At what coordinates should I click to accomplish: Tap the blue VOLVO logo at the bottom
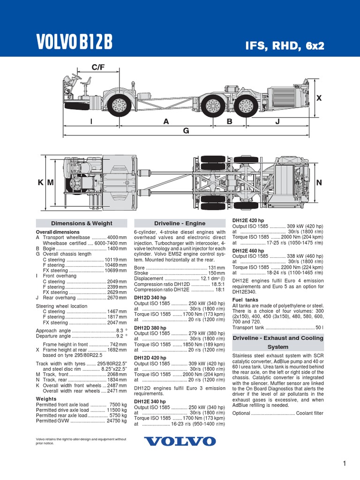click(x=180, y=441)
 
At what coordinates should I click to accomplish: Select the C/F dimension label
click(x=98, y=67)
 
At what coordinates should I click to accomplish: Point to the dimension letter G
click(x=186, y=131)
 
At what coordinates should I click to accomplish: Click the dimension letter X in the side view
click(x=319, y=98)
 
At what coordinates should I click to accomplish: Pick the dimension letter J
click(x=277, y=121)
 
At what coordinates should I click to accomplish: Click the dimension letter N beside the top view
click(x=319, y=183)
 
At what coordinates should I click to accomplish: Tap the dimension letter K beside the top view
click(x=41, y=183)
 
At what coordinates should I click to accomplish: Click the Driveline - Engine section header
click(x=180, y=224)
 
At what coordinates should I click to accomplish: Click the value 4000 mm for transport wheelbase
click(x=117, y=238)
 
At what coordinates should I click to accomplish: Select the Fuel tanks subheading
click(x=245, y=300)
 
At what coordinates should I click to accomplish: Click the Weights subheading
click(x=46, y=399)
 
